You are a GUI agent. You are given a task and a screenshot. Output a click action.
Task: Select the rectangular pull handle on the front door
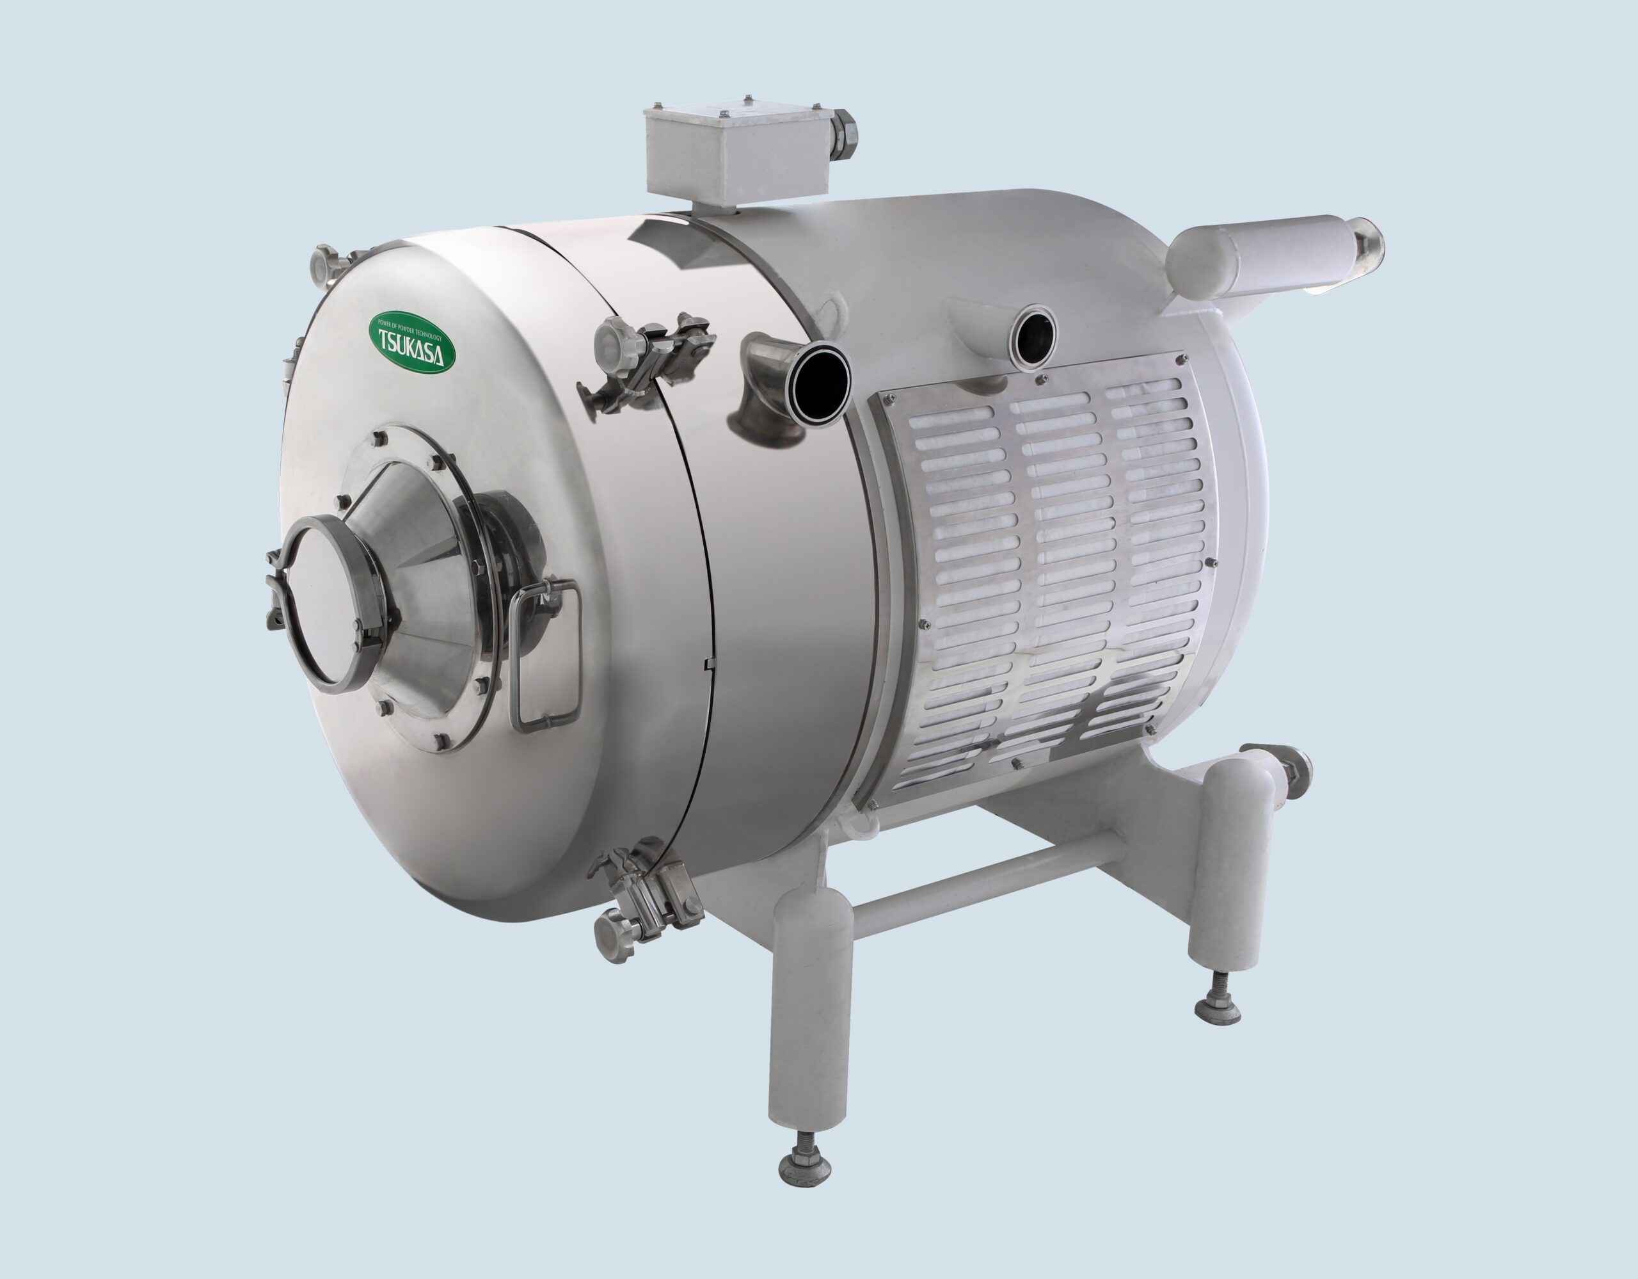pos(545,656)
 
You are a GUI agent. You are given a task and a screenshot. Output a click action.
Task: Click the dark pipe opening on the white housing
pos(1033,336)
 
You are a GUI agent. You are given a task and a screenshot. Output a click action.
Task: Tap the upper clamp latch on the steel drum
pos(645,362)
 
